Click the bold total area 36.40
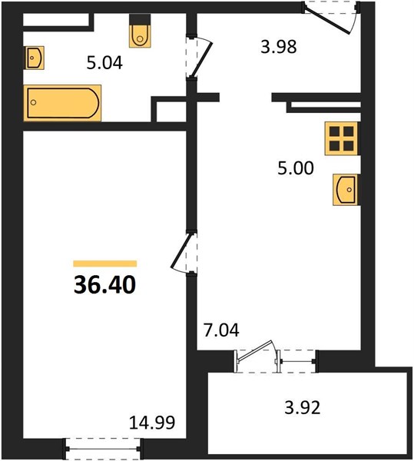point(104,284)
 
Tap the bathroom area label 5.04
point(104,63)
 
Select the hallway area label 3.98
point(279,47)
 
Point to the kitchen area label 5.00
point(296,168)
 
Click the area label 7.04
point(221,330)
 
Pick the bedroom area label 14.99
point(152,423)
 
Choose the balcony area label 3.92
point(303,408)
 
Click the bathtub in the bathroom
point(62,103)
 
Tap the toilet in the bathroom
point(140,31)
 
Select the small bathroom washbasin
point(35,58)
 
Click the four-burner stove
point(342,138)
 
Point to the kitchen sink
point(346,190)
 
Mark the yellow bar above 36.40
point(105,264)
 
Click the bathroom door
point(201,58)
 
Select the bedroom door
point(181,252)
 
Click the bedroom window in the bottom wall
point(103,449)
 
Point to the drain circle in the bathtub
point(34,102)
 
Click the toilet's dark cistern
point(140,20)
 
